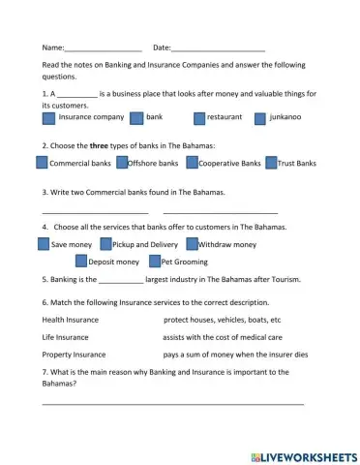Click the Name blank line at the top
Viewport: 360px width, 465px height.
click(x=103, y=48)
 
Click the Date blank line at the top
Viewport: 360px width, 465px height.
click(x=219, y=48)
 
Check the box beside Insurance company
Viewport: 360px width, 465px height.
click(x=49, y=118)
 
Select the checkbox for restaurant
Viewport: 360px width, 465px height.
click(x=199, y=118)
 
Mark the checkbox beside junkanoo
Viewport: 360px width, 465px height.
click(x=260, y=118)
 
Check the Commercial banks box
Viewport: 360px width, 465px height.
click(x=42, y=164)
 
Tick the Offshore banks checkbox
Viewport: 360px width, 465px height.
click(x=121, y=164)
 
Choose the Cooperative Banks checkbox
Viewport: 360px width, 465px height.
click(x=192, y=164)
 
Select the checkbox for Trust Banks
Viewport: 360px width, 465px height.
click(x=271, y=164)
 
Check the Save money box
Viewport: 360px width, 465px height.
click(x=43, y=245)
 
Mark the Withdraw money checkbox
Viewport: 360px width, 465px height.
click(x=192, y=245)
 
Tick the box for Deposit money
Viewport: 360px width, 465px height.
click(x=81, y=262)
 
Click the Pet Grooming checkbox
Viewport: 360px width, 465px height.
click(x=155, y=262)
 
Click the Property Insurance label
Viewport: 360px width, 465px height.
click(x=74, y=355)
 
